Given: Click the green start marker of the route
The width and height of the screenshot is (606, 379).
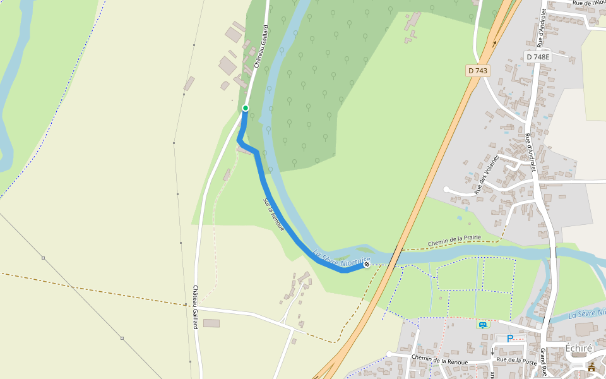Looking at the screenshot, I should (x=246, y=108).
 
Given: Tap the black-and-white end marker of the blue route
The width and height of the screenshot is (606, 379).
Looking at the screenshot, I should (x=367, y=264).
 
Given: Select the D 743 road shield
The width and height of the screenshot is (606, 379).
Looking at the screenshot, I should (x=478, y=71).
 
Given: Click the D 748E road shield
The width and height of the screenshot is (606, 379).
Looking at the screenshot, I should (x=538, y=57).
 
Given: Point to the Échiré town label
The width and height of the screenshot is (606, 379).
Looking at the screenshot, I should (x=578, y=348).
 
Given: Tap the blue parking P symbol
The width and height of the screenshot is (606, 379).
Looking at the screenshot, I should (x=509, y=338).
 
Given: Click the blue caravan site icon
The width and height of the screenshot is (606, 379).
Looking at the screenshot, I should (x=483, y=325).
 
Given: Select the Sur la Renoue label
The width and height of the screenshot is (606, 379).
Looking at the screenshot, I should (x=274, y=214).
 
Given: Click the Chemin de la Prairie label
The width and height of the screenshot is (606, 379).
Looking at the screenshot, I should (x=454, y=241).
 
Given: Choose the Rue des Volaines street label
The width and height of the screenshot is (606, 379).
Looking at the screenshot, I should (x=487, y=174).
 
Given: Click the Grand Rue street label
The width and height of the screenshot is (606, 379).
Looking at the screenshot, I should (x=543, y=361).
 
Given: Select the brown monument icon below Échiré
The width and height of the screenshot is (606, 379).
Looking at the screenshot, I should (x=591, y=367).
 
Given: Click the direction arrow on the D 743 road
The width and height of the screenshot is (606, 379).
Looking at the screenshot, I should (x=494, y=44).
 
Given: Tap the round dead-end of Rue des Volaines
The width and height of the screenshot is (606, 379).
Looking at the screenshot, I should (x=446, y=189).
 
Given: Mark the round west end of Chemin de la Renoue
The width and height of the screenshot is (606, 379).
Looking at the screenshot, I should (x=389, y=354).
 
